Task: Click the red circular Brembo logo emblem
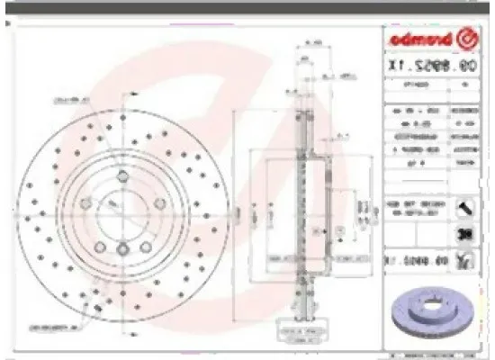click(469, 39)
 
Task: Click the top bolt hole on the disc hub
click(120, 175)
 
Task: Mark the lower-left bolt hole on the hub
click(96, 236)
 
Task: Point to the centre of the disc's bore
click(119, 212)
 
